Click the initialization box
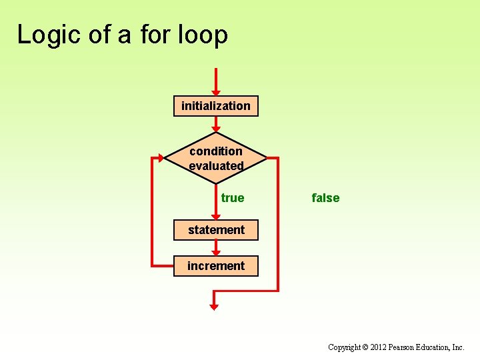coord(215,106)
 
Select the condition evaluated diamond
coord(215,158)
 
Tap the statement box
coord(215,230)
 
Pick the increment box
coord(215,266)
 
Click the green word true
coord(233,198)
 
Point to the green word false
coord(325,198)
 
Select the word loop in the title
coord(203,35)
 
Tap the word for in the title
coord(155,35)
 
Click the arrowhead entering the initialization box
coord(215,92)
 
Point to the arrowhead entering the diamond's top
coord(215,128)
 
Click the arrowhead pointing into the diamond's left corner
coord(161,158)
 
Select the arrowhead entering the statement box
coord(215,216)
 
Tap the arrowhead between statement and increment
coord(215,252)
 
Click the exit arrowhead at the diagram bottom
coord(214,307)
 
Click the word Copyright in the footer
coord(343,347)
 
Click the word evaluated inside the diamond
coord(216,166)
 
